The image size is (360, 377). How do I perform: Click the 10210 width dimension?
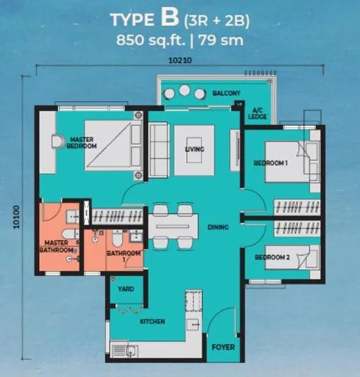(180, 60)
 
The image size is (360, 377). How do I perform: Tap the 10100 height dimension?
(17, 217)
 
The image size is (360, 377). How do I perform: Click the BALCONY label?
(226, 93)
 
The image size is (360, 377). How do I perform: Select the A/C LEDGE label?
(257, 114)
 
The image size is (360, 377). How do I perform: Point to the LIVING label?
(194, 150)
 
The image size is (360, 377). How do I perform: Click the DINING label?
(218, 227)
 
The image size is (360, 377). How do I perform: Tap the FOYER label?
(223, 347)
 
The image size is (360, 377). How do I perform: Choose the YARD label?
(126, 289)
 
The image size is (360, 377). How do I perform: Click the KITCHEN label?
(152, 321)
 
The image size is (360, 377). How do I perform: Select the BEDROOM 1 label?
(270, 163)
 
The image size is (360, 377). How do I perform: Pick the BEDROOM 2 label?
(272, 258)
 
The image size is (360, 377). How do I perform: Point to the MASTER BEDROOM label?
(82, 142)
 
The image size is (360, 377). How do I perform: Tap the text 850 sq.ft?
(151, 40)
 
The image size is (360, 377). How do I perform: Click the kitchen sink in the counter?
(132, 351)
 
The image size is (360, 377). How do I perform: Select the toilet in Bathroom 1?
(117, 238)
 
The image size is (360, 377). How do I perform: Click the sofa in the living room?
(159, 150)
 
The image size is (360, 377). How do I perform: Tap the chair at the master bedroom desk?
(58, 141)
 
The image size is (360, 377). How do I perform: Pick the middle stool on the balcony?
(184, 90)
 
